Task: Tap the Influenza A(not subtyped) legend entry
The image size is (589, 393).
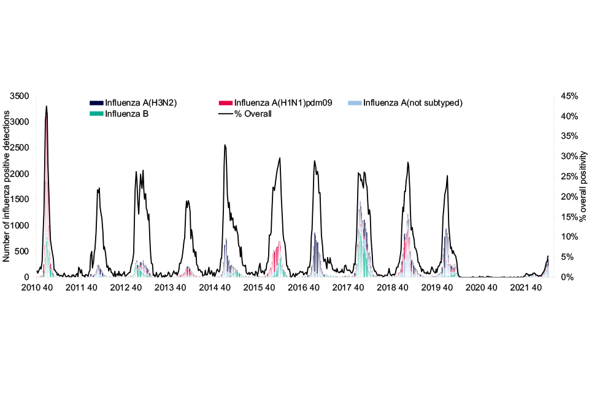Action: [x=412, y=103]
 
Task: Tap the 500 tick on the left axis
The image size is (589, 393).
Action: [x=22, y=251]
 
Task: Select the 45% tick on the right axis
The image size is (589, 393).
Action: [x=567, y=96]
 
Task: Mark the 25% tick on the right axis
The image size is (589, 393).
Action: [x=567, y=177]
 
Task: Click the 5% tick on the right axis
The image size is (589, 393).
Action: [x=565, y=257]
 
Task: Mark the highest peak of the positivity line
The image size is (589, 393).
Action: [x=47, y=106]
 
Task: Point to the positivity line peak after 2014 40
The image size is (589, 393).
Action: [x=225, y=145]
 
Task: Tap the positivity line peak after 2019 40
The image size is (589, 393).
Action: [x=447, y=176]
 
